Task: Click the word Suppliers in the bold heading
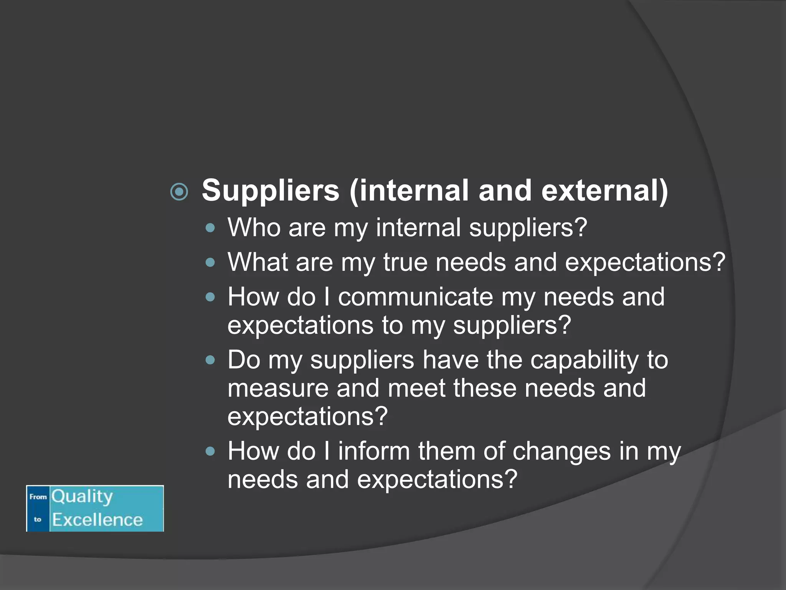[x=271, y=191]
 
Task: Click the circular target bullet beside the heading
[x=179, y=192]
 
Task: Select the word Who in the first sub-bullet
[x=254, y=227]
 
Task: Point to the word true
[x=405, y=262]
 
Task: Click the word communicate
[x=415, y=297]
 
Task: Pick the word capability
[x=585, y=360]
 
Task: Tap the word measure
[x=278, y=388]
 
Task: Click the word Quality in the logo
[x=82, y=496]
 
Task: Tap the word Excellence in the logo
[x=97, y=520]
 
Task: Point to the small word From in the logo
[x=38, y=497]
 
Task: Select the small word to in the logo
[x=37, y=519]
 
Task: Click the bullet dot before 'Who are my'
[x=210, y=228]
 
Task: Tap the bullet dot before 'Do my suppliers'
[x=210, y=360]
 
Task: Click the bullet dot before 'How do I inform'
[x=210, y=451]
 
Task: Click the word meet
[x=416, y=388]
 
